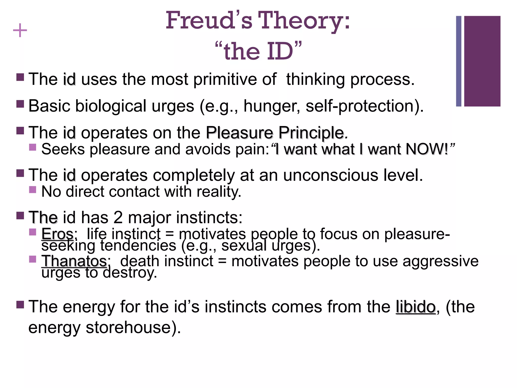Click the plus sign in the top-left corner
(20, 31)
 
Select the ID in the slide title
(280, 51)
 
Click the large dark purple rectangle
(482, 61)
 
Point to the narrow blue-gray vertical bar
(459, 61)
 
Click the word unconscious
(331, 175)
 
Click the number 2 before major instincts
(118, 217)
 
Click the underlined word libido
(416, 307)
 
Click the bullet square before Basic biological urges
(20, 104)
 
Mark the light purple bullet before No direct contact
(33, 189)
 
